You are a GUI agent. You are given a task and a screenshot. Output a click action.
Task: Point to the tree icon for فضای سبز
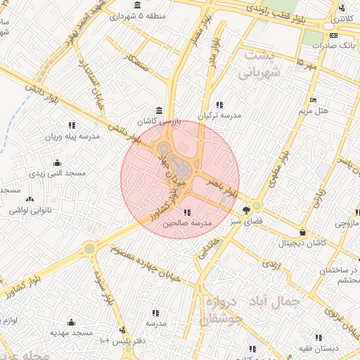(x=246, y=210)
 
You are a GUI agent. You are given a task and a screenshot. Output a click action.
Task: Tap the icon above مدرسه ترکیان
(x=221, y=104)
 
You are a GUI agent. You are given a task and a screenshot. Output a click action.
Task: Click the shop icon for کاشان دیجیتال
(x=302, y=232)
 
